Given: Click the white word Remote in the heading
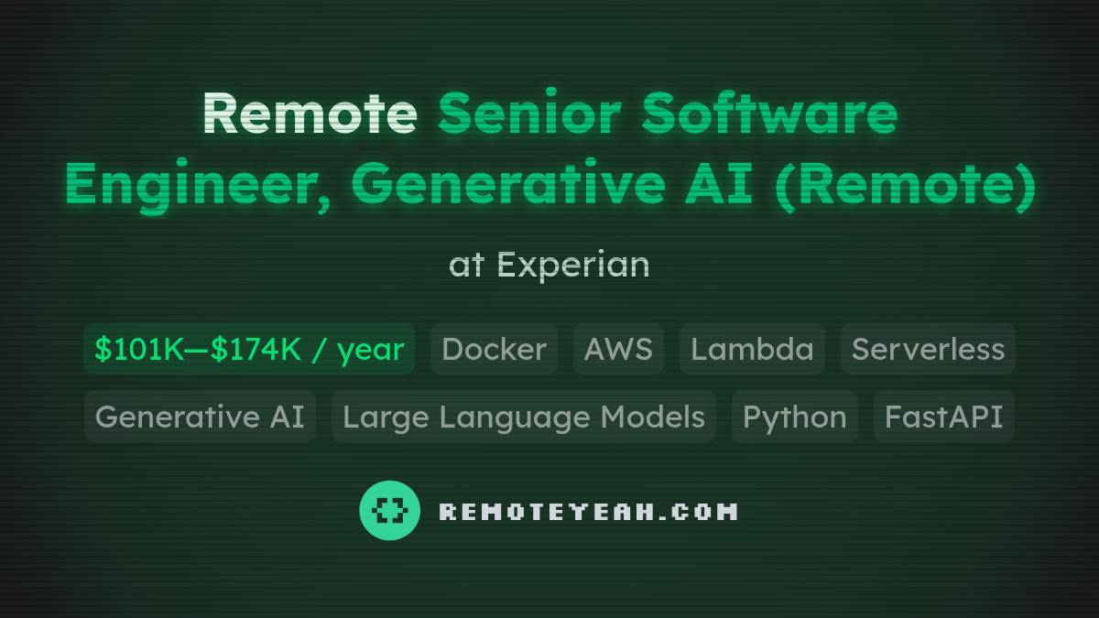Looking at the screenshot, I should click(310, 114).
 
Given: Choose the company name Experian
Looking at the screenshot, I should click(573, 266).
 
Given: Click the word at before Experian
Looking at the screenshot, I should click(465, 266).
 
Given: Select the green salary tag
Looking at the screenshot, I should click(249, 349).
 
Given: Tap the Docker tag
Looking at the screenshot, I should click(494, 349).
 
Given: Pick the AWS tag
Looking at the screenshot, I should click(618, 349).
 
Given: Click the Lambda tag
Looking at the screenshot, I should click(752, 349).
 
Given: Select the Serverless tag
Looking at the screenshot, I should click(928, 349).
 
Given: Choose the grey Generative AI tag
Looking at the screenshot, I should click(200, 417).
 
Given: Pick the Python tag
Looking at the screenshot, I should click(794, 417).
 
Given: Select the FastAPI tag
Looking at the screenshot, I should click(943, 417).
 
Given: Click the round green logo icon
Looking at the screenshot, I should click(390, 510).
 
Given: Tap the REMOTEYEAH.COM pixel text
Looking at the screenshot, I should click(588, 511).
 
